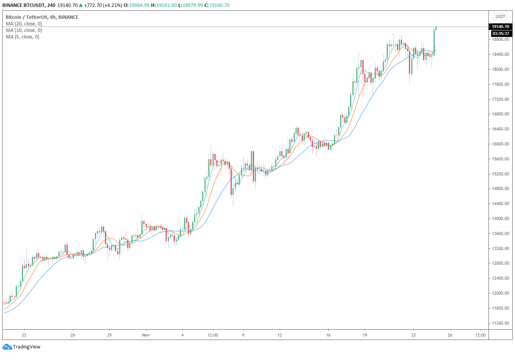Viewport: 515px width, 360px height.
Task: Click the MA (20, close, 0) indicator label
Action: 24,24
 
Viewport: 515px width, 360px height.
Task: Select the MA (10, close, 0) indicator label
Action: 24,30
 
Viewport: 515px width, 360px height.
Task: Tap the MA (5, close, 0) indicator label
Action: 22,37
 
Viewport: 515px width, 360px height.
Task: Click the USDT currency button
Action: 500,17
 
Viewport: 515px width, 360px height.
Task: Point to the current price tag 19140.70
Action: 500,27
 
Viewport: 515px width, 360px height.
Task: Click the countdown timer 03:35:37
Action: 500,33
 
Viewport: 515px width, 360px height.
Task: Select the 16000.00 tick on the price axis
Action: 500,144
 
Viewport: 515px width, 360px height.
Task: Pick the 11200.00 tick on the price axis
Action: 500,323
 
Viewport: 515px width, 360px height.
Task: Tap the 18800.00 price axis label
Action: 500,39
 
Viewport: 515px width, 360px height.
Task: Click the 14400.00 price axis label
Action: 500,203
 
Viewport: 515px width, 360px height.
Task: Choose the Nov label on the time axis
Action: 146,335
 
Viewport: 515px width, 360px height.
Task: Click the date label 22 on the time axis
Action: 24,335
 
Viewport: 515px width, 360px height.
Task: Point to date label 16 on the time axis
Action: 328,335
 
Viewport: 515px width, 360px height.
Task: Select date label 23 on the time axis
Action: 413,335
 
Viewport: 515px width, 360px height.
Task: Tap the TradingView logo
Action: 22,347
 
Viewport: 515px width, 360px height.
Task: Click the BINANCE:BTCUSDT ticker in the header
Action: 23,5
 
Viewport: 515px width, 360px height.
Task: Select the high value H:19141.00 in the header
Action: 164,5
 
